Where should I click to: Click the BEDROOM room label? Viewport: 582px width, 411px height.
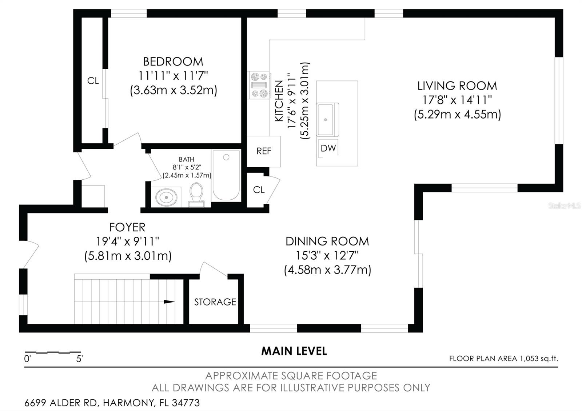coord(173,62)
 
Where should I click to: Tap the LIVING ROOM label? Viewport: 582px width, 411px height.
coord(457,86)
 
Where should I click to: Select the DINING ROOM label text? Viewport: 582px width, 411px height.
coord(327,242)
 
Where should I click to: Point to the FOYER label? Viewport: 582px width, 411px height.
coord(127,227)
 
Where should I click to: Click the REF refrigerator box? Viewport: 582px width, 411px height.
coord(263,151)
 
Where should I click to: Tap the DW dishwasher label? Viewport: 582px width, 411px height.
coord(328,148)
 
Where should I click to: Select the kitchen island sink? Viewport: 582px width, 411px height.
coord(328,120)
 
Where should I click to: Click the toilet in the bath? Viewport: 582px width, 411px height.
coord(196,195)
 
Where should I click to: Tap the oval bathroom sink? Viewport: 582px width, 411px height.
coord(166,197)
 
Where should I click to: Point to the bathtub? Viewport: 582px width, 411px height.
coord(226,175)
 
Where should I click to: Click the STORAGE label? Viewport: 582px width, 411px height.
coord(215,302)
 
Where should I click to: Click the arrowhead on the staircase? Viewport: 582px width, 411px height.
coord(169,302)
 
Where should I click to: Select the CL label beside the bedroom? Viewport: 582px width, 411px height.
coord(93,81)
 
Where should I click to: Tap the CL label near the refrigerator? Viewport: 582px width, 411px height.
coord(259,190)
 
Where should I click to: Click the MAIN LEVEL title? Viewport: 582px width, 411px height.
coord(294,351)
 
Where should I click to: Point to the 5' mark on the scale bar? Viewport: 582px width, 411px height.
coord(79,359)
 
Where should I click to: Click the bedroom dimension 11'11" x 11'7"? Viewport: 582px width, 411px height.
coord(173,76)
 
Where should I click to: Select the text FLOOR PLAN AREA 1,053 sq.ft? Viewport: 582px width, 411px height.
coord(503,359)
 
